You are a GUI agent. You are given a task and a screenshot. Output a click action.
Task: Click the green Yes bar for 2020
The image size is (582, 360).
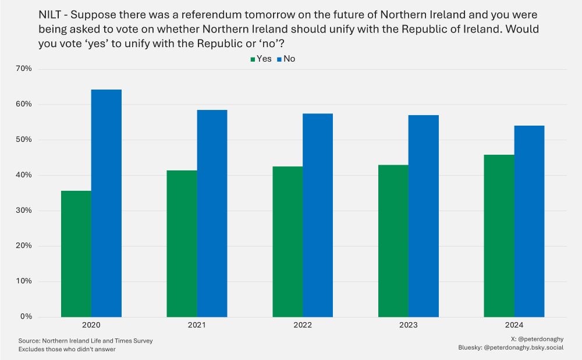(76, 254)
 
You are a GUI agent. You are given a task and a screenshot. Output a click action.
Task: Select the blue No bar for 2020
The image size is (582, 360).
(107, 203)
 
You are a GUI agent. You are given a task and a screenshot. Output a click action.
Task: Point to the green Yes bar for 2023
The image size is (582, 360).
(393, 241)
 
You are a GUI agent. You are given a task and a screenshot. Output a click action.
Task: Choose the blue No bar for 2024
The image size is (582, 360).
(529, 221)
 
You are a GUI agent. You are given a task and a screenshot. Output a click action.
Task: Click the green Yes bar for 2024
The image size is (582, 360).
(499, 236)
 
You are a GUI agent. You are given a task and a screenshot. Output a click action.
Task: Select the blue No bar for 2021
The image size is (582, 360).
(212, 213)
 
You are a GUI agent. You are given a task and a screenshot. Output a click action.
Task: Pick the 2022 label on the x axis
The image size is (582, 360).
(302, 326)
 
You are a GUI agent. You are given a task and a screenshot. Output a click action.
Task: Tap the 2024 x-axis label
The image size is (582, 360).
(514, 326)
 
